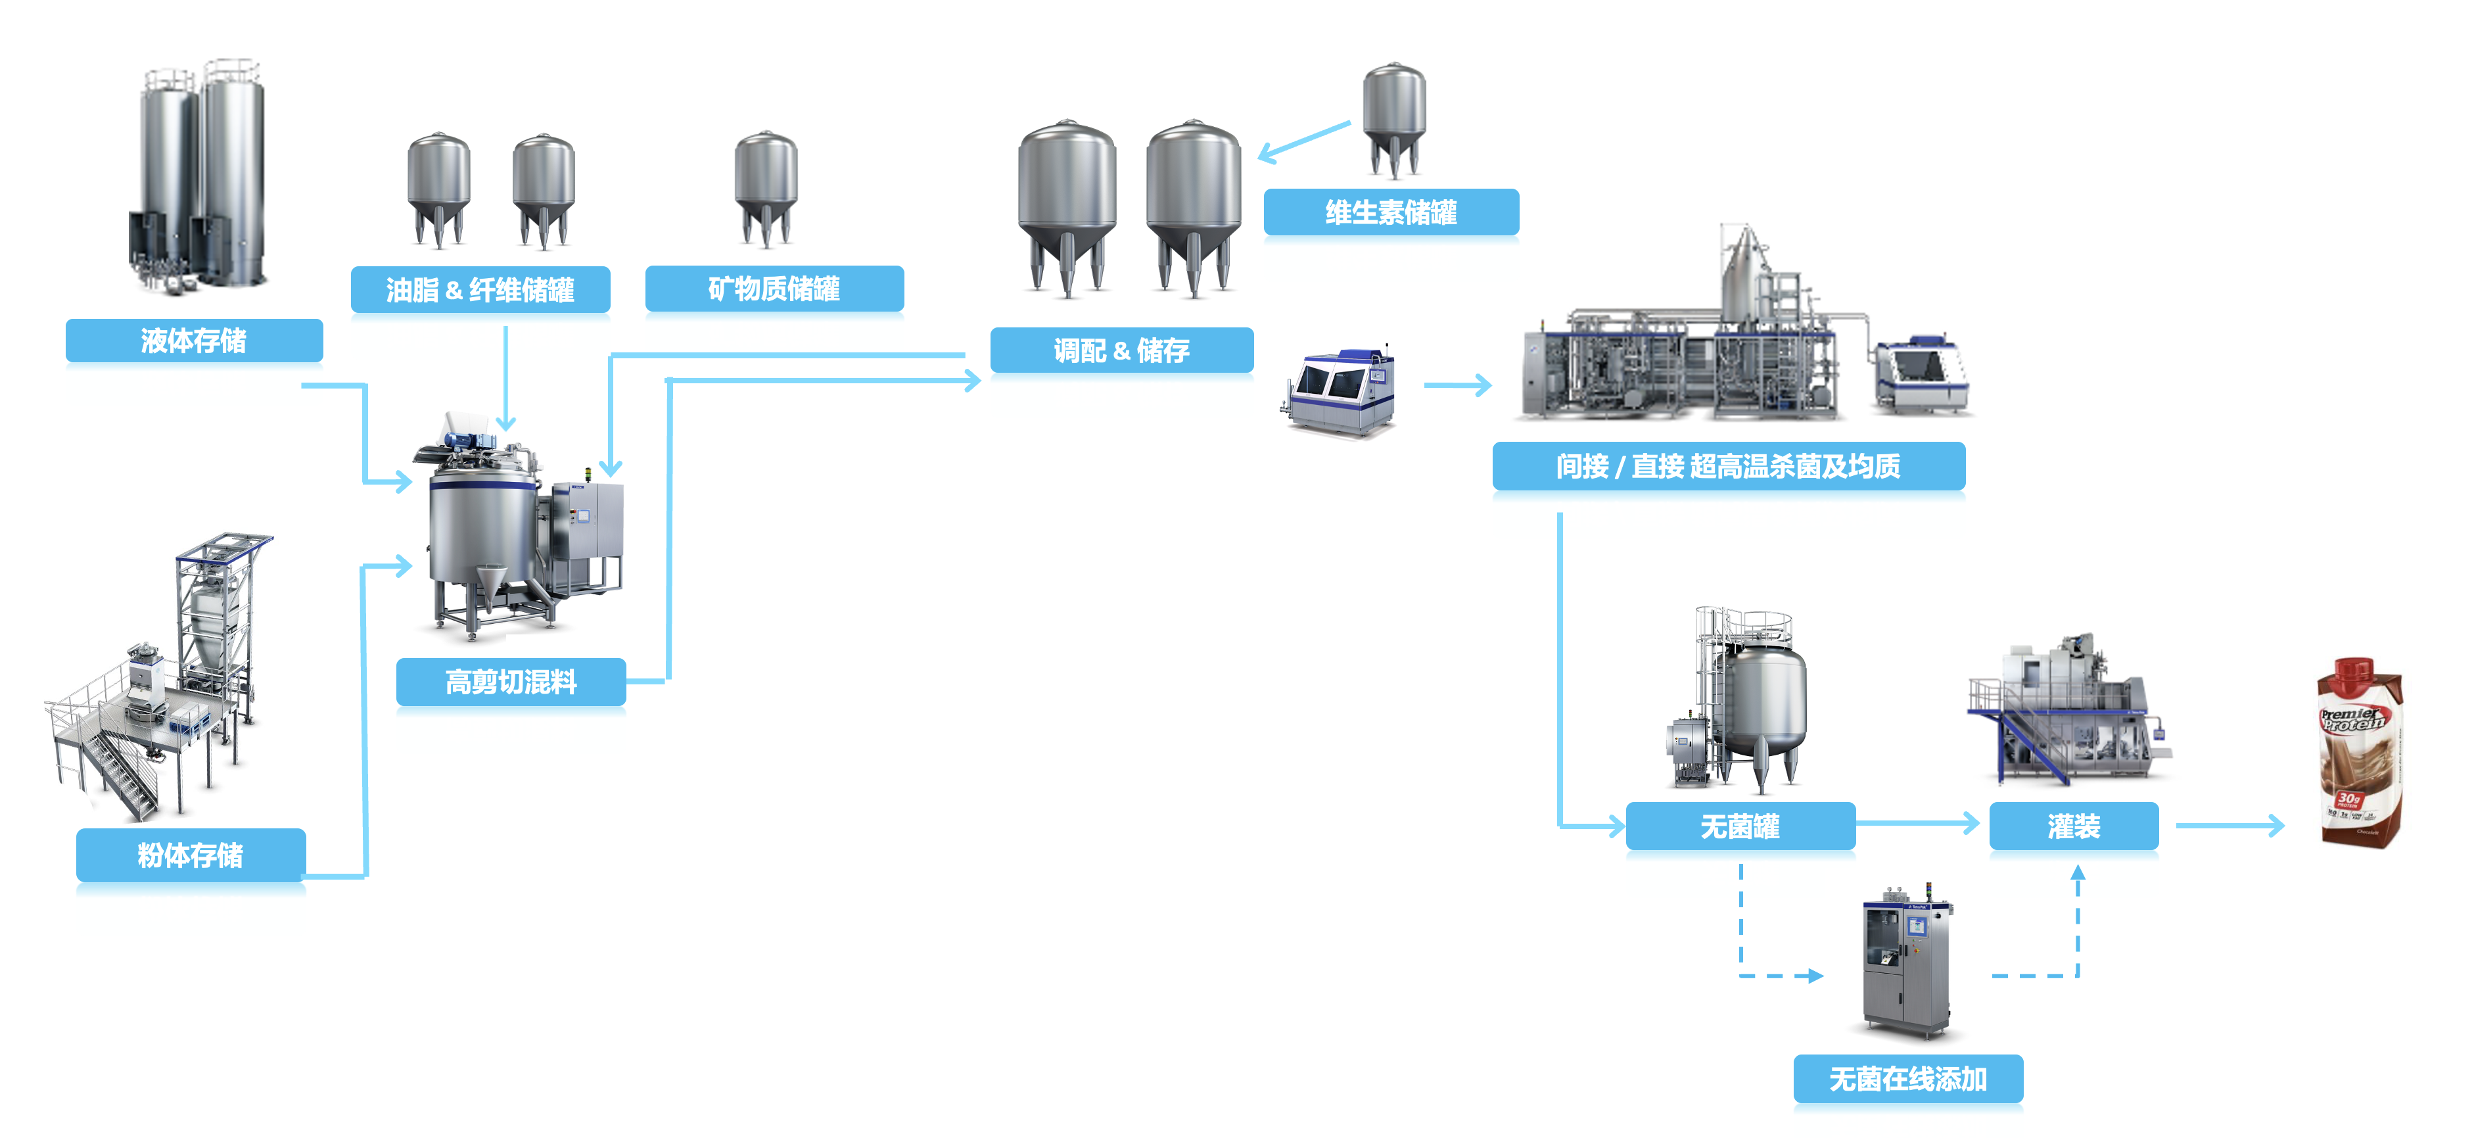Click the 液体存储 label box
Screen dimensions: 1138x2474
[194, 341]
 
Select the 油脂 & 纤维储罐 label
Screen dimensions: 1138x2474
[480, 289]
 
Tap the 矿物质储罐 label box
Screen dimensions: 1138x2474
[774, 288]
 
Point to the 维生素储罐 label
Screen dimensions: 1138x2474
[1391, 212]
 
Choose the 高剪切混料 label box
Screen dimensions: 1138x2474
[511, 682]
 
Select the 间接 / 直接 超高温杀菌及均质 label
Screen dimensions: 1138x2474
[1728, 467]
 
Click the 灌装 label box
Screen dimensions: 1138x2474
[2074, 826]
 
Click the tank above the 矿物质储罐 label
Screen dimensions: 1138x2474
[766, 187]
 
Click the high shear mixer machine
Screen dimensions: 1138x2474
[519, 528]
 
